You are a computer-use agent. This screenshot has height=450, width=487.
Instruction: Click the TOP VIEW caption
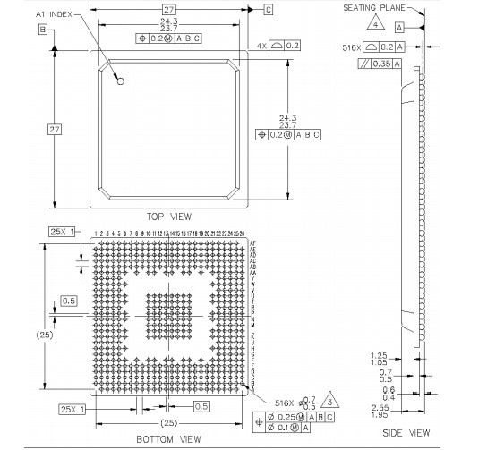(168, 217)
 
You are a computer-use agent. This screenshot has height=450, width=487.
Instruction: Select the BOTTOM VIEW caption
(167, 439)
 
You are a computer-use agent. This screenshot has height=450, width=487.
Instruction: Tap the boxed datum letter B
(42, 30)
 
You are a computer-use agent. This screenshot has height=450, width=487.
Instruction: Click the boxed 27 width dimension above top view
(168, 9)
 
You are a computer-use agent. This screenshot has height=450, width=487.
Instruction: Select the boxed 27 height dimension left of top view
(54, 130)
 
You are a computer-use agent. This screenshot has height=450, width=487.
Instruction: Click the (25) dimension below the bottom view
(167, 422)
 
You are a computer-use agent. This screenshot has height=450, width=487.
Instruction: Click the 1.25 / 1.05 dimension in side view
(379, 358)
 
